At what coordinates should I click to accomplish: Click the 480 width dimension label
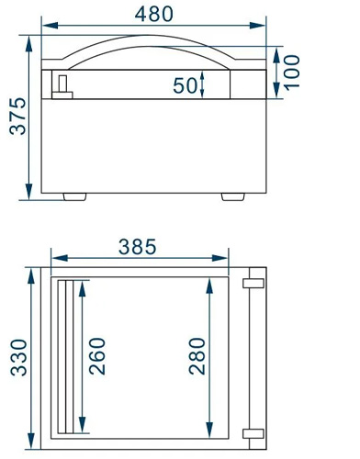click(x=154, y=14)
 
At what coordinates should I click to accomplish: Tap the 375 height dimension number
click(x=18, y=116)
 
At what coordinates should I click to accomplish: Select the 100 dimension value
click(x=292, y=73)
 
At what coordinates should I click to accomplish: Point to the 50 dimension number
click(x=185, y=85)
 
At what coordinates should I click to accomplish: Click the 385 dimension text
click(x=138, y=247)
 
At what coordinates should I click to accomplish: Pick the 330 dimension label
click(x=18, y=357)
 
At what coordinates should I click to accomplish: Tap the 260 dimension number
click(x=97, y=356)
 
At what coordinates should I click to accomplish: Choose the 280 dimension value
click(x=197, y=356)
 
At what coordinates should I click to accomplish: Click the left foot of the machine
click(x=74, y=196)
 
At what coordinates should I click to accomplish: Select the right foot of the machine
click(x=233, y=196)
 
